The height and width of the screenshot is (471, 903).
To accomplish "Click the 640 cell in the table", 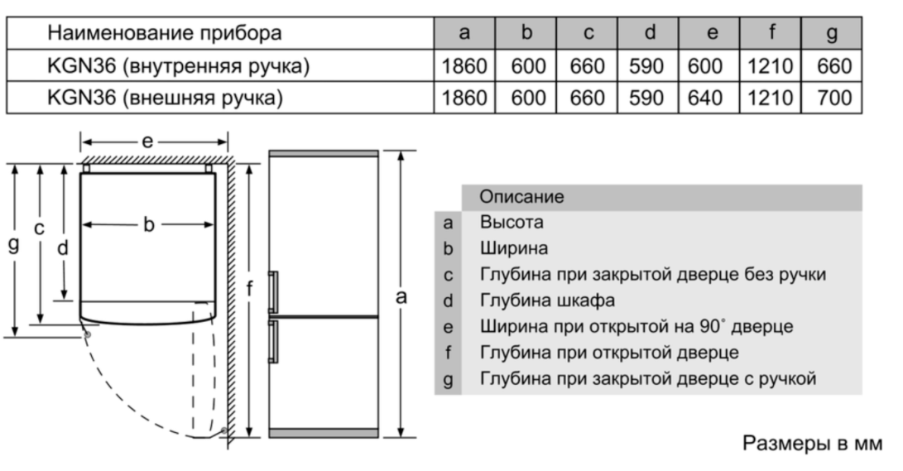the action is pos(705,98).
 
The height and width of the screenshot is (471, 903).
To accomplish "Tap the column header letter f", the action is pos(771,32).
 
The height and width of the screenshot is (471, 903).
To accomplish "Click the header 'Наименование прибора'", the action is pos(164,33).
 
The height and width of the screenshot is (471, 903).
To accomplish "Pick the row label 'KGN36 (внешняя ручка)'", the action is pos(165,98).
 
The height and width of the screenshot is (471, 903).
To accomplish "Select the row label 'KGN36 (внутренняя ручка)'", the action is pos(178,66).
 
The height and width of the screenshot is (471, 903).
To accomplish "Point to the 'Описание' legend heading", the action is pos(521,197).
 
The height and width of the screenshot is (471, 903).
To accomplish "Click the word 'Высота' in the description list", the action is pos(512,223).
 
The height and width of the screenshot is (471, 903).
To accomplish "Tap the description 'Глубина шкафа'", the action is pos(548,300).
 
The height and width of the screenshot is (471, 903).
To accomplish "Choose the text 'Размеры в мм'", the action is pos(812,443).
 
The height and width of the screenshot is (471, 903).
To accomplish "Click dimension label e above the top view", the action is pos(147,141).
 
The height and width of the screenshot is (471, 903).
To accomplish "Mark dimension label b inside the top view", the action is pos(149,224).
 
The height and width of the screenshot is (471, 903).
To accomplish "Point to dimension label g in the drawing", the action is pos(13,245).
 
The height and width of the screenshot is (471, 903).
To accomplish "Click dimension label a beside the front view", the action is pos(401,297).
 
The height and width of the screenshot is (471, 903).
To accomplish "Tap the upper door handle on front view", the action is pos(273,292).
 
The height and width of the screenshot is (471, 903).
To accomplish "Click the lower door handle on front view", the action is pos(273,341).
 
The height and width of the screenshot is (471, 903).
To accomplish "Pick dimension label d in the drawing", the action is pos(63,248).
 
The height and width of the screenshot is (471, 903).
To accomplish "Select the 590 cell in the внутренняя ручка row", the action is pos(646,66).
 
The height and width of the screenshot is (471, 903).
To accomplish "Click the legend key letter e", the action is pos(448,327).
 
